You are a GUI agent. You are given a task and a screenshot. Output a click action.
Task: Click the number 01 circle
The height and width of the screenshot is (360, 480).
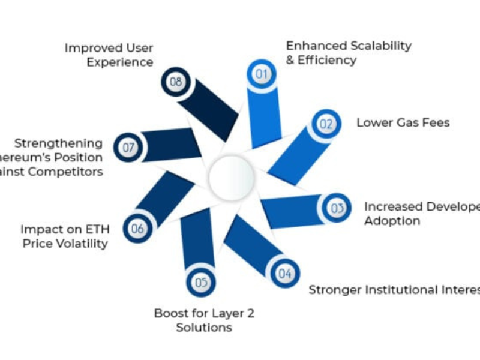pos(261,74)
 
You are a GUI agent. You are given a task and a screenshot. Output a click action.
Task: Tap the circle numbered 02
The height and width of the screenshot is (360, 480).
pos(326,124)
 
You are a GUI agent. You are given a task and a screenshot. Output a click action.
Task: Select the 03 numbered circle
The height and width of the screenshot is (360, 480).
pos(337,208)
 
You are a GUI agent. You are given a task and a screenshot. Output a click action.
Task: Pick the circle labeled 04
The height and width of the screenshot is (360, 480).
pos(284,274)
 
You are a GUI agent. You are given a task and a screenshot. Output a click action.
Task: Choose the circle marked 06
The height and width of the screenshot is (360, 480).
pos(137,229)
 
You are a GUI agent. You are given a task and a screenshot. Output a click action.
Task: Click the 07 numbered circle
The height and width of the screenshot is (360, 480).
pos(128,147)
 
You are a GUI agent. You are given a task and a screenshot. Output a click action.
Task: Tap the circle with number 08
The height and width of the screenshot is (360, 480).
pos(175,82)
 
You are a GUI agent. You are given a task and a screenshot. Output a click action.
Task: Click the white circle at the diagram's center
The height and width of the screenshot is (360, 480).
pos(231,177)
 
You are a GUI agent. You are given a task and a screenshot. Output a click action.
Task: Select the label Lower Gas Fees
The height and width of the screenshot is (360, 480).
pos(403,123)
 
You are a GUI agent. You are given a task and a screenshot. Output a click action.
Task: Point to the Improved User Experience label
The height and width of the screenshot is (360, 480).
pos(109,55)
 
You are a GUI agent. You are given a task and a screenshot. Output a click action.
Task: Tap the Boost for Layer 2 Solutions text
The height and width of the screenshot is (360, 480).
pos(204,320)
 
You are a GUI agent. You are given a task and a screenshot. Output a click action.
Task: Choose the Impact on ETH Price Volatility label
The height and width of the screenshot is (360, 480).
pos(64,236)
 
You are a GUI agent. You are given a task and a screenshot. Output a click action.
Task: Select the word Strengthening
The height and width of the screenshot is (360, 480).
pos(59,143)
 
